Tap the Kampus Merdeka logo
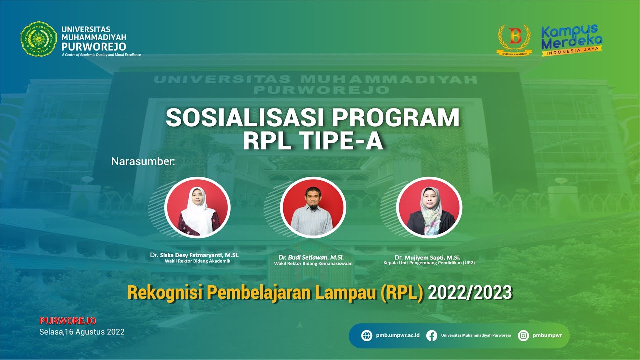coord(572,39)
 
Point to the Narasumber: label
coord(143,162)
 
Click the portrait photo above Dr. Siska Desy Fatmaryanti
coord(197,207)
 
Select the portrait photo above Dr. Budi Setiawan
coord(313,207)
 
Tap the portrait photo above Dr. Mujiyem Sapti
coord(429,207)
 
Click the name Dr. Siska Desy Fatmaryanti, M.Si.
coord(194,255)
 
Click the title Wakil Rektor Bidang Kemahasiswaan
coord(313,263)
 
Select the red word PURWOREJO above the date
coord(68,321)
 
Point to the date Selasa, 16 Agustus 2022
coord(82,332)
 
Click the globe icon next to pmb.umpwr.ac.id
coord(367,336)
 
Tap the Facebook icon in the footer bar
coord(432,336)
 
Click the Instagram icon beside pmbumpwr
coord(523,336)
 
